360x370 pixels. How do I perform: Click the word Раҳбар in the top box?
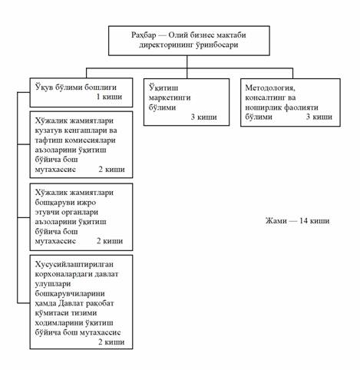tap(144, 35)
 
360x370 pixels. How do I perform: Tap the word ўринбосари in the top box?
tap(216, 45)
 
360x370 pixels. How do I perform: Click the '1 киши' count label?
tap(109, 97)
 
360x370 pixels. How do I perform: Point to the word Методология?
tap(270, 88)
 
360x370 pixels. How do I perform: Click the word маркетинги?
tap(170, 97)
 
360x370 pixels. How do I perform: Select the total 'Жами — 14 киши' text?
tap(297, 220)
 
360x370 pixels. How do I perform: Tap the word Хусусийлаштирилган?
tap(74, 264)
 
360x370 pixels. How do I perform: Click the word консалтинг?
tap(263, 97)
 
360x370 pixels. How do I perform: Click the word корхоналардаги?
tap(64, 274)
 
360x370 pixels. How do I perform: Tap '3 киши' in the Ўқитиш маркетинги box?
tap(204, 117)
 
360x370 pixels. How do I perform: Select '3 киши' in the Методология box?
tap(319, 117)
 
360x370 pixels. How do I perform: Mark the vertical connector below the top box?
tap(187, 67)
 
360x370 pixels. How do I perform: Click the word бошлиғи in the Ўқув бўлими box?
tap(101, 88)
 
